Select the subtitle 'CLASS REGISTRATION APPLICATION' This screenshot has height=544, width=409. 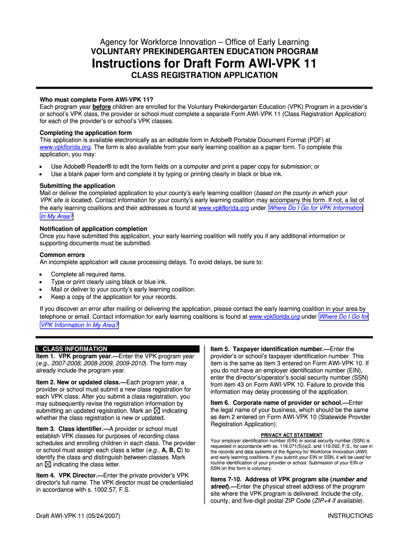click(204, 75)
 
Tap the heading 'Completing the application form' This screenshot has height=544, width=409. click(86, 133)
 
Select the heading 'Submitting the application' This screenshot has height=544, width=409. click(77, 186)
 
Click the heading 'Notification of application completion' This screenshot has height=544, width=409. click(93, 229)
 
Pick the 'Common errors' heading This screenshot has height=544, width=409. click(62, 255)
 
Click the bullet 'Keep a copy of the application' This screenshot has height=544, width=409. click(114, 297)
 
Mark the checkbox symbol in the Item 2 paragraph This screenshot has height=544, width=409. click(156, 411)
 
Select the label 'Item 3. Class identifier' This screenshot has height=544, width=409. click(70, 429)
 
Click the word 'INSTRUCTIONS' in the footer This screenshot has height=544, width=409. click(350, 516)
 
